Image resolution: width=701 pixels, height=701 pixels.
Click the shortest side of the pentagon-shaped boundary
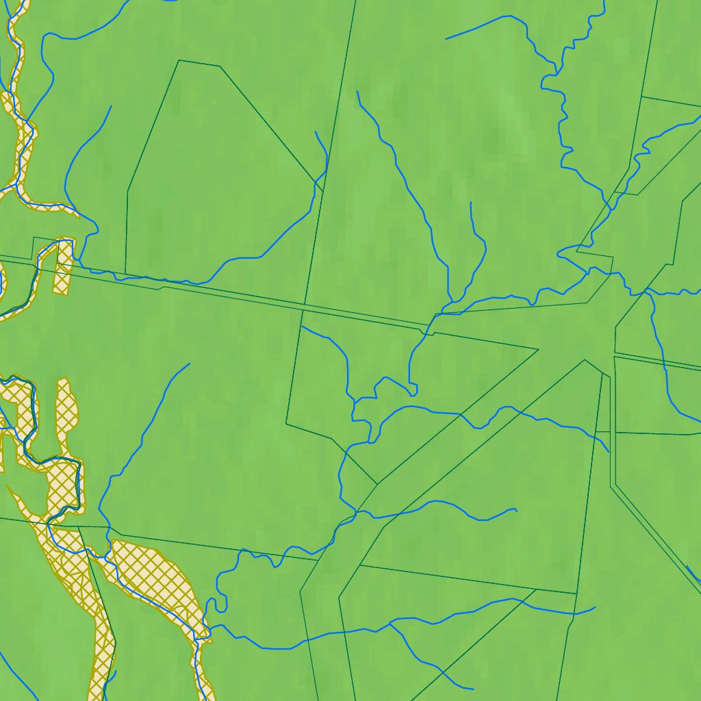click(199, 63)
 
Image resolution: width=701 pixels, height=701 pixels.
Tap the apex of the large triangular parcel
click(584, 360)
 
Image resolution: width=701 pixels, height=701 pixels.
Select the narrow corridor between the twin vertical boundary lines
click(612, 424)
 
